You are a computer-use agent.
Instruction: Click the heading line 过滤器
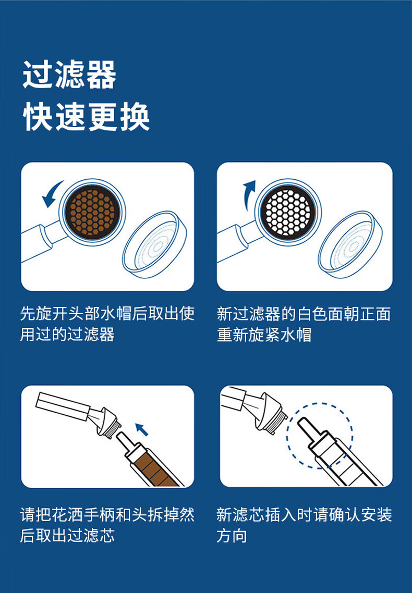[69, 75]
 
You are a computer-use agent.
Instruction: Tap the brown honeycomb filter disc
[92, 212]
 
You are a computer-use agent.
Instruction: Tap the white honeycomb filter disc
[288, 212]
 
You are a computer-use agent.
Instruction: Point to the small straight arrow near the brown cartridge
[142, 429]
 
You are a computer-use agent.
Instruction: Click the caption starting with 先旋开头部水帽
[107, 324]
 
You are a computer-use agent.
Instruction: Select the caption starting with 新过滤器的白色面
[304, 324]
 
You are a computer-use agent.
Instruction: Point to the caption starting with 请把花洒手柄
[107, 525]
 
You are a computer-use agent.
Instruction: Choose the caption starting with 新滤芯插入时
[304, 525]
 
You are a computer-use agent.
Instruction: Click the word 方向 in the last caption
[232, 536]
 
